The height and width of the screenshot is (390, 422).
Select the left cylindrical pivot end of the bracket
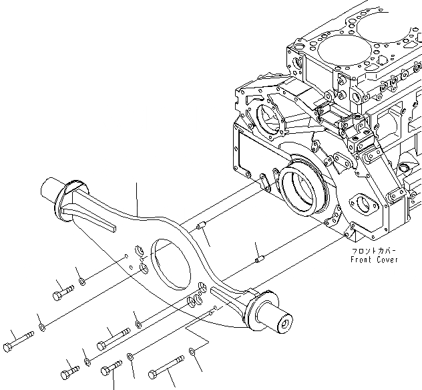pos(55,191)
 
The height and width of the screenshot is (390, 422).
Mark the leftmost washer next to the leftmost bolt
pos(42,326)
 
